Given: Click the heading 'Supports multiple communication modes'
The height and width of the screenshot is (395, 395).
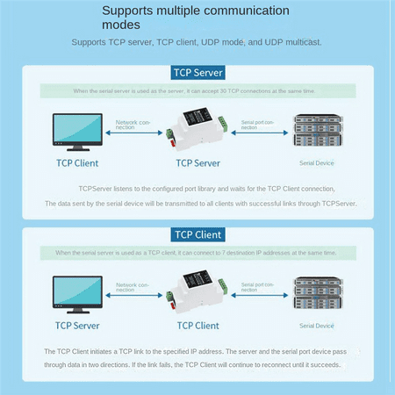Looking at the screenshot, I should [195, 18].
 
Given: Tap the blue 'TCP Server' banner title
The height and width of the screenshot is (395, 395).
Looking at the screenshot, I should [197, 72].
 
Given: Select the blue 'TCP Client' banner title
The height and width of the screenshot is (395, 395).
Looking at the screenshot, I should [197, 234].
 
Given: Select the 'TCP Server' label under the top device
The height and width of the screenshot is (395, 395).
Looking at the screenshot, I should [197, 162].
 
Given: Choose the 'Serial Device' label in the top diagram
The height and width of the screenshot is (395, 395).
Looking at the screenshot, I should [317, 162].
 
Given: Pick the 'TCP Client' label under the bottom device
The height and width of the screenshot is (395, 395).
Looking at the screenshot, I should [197, 325].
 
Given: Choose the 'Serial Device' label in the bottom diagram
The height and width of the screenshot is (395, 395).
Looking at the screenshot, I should [317, 325].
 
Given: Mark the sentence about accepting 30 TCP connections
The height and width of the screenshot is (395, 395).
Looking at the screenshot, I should [197, 90].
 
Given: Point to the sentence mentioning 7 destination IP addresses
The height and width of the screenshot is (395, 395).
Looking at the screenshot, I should [197, 253].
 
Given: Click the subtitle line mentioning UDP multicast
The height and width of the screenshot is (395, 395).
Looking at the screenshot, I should [197, 42].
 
